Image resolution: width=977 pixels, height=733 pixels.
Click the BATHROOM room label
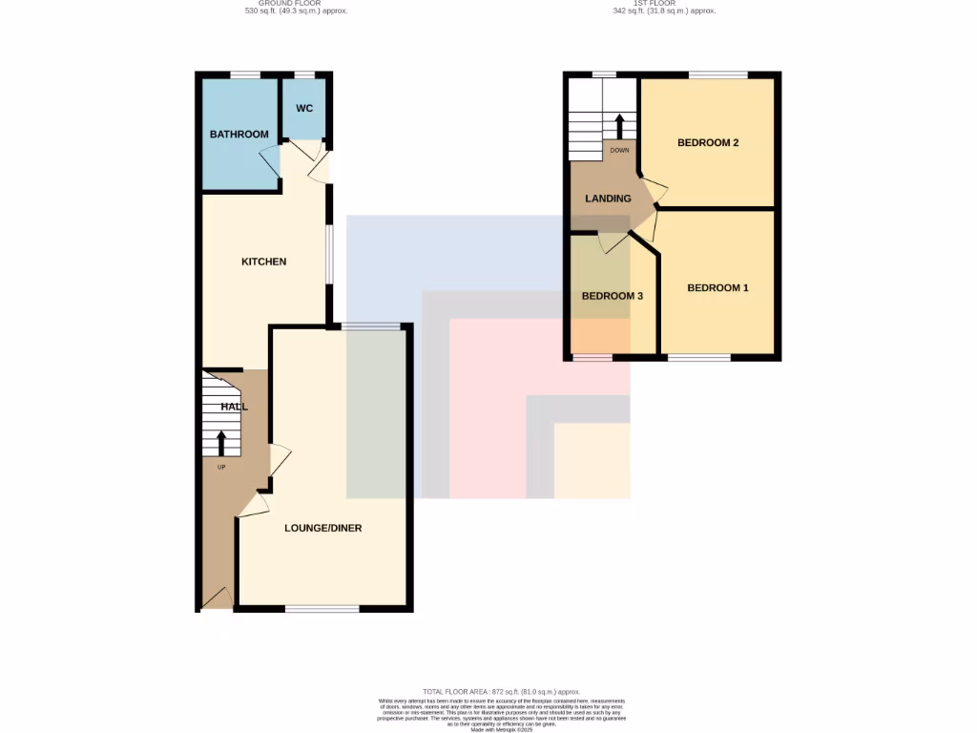(239, 135)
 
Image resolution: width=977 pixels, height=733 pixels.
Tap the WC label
(304, 109)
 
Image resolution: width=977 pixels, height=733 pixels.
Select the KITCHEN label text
(263, 262)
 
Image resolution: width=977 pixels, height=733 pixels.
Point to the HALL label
(234, 407)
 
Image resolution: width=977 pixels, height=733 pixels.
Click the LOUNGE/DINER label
(323, 528)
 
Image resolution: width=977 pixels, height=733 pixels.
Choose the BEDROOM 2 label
(709, 143)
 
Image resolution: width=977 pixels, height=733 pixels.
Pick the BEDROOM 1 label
(717, 288)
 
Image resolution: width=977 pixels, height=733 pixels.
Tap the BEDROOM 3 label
(613, 296)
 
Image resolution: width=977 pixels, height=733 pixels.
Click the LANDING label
(608, 199)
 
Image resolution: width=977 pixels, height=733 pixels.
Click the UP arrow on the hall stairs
(222, 443)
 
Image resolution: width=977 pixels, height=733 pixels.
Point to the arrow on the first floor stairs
(619, 126)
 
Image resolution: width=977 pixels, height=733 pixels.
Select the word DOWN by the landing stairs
(619, 150)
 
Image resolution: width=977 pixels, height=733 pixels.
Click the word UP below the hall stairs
(222, 467)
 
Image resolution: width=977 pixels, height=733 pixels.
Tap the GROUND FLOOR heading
(296, 4)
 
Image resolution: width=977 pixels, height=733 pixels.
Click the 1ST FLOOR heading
(664, 4)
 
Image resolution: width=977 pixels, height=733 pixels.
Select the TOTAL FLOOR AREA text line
(501, 691)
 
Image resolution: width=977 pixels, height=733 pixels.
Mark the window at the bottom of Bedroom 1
(699, 359)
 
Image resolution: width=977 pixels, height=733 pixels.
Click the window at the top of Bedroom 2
(718, 74)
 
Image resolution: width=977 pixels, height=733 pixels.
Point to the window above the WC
(304, 74)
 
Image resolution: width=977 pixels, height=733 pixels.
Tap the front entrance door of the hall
(217, 598)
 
